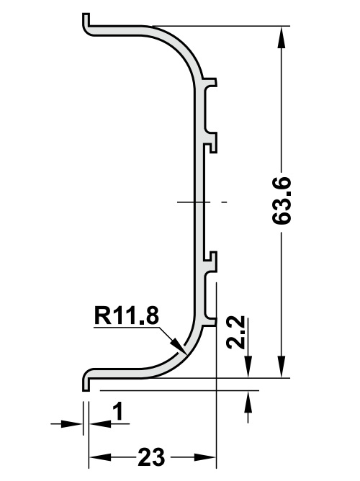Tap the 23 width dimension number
point(152,457)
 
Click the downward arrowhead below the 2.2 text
point(248,368)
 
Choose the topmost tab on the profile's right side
point(210,81)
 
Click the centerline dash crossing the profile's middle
point(202,202)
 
